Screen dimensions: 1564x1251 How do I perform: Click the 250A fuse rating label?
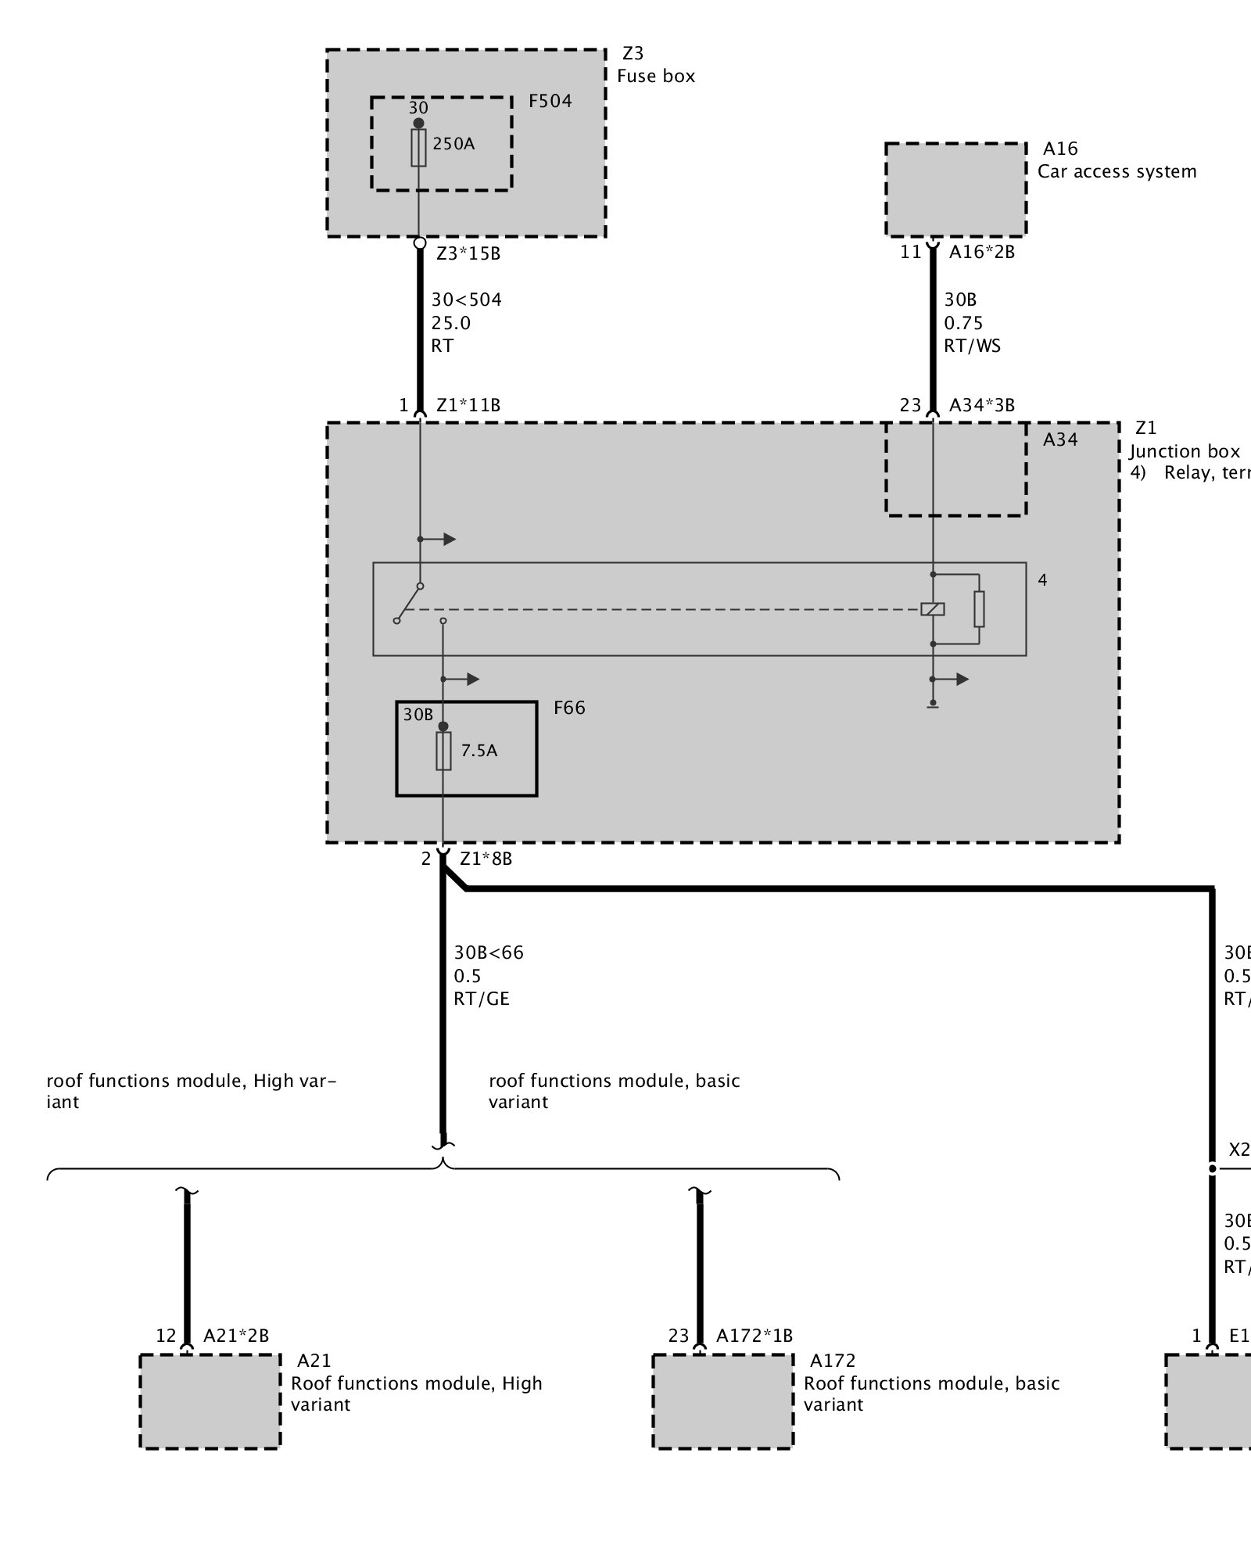click(453, 144)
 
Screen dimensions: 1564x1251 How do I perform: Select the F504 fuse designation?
click(550, 101)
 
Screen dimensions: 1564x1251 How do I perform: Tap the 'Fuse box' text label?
click(655, 76)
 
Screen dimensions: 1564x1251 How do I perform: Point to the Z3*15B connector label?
click(468, 253)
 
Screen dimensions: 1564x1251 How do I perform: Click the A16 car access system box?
click(955, 189)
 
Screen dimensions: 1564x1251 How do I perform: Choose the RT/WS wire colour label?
click(972, 346)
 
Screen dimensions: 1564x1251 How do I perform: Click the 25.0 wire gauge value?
click(451, 323)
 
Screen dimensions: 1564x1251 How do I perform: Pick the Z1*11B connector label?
click(468, 405)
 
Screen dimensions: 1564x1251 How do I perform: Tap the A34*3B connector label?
click(981, 405)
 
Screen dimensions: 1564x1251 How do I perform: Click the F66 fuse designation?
click(569, 708)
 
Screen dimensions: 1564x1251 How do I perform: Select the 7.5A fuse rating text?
click(479, 751)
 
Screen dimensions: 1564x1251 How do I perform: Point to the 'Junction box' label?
click(1184, 451)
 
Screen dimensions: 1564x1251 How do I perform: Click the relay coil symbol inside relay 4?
click(933, 609)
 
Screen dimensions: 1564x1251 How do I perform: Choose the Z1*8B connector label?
click(486, 859)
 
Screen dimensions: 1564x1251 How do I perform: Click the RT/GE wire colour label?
click(481, 999)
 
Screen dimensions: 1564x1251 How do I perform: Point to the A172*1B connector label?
click(754, 1336)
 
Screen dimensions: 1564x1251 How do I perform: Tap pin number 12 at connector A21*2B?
click(166, 1336)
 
